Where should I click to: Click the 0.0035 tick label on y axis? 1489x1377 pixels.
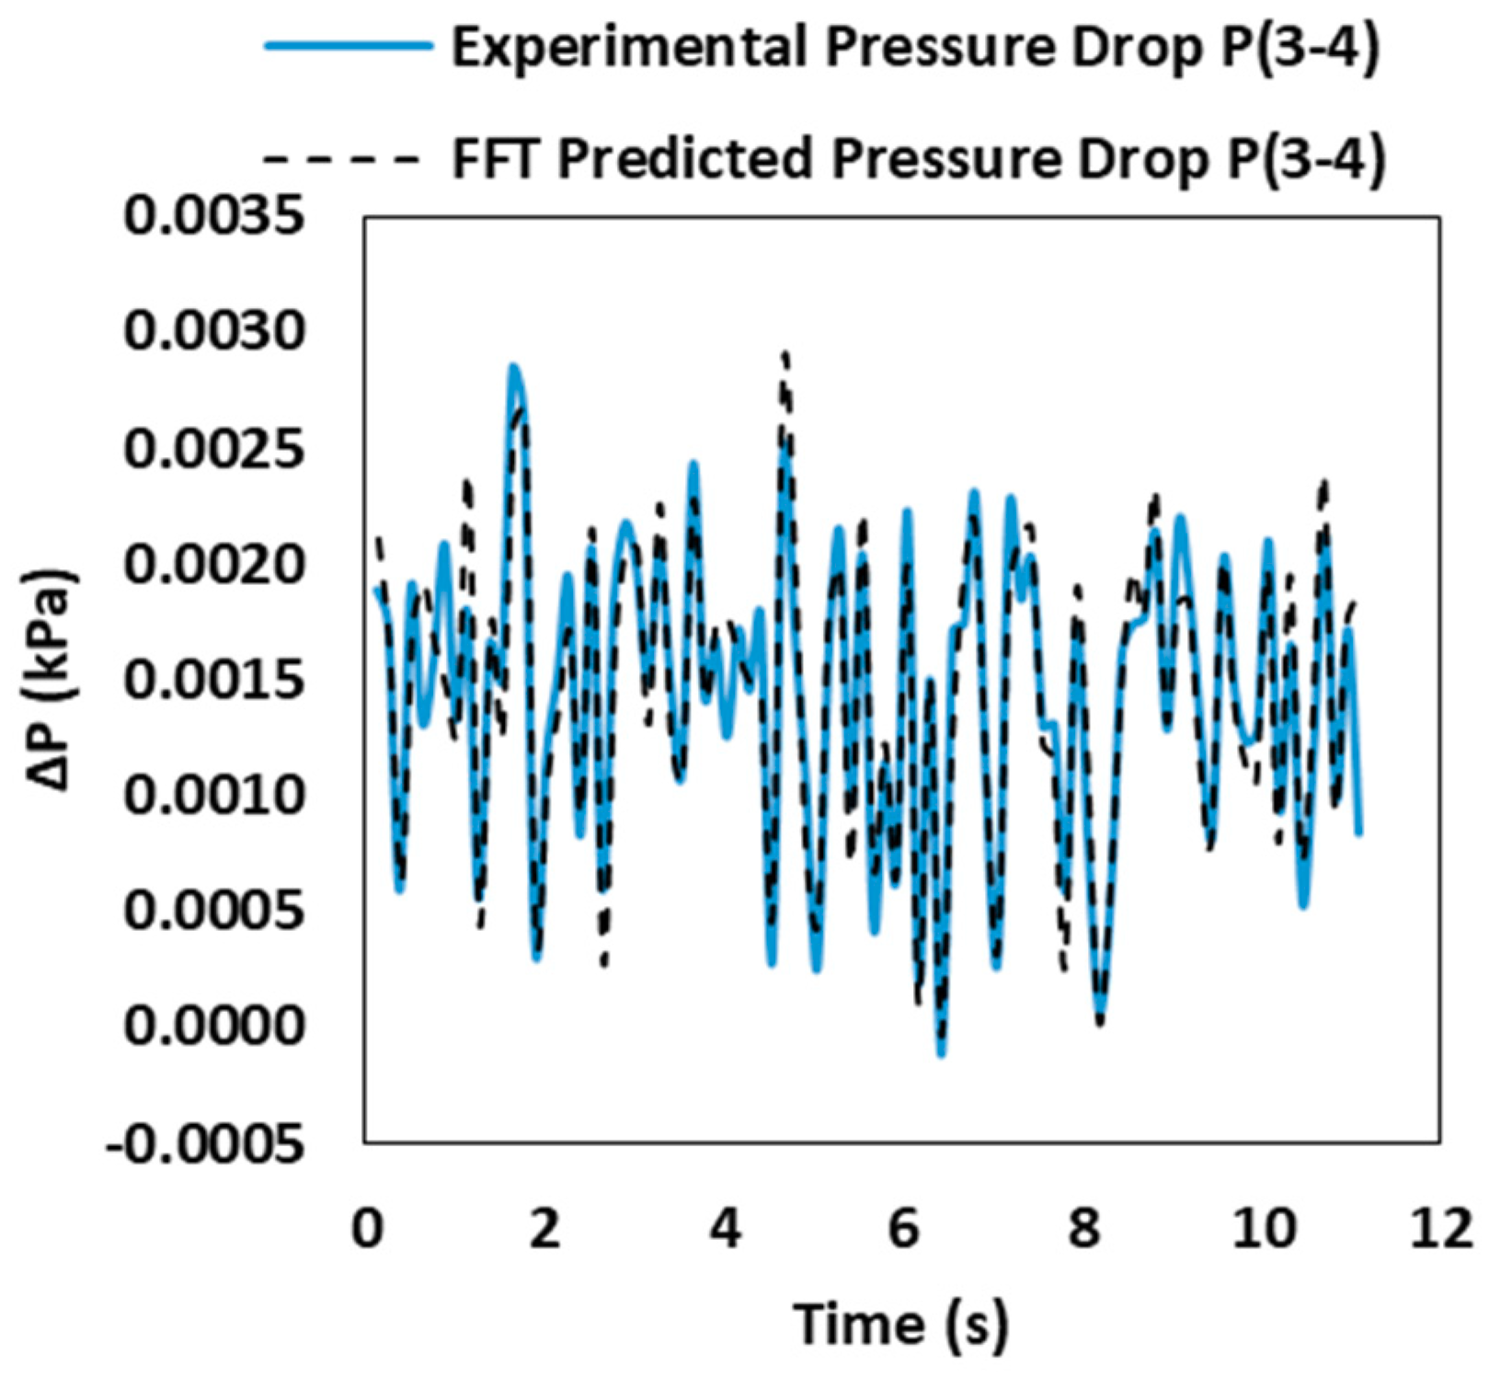point(213,217)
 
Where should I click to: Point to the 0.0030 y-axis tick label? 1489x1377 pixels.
point(213,331)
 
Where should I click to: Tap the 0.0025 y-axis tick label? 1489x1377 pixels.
point(213,449)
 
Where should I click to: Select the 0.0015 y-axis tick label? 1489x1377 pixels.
point(213,681)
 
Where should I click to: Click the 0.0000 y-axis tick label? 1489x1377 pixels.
point(213,1025)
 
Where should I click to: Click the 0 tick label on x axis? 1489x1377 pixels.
point(367,1229)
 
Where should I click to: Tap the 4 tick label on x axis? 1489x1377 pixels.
point(726,1229)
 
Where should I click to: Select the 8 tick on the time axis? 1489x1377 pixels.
point(1084,1229)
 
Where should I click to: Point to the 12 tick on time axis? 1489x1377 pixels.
point(1440,1229)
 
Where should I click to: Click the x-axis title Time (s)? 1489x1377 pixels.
point(900,1325)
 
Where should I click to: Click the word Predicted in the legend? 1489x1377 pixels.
point(688,159)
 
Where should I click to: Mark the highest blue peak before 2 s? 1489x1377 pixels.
point(514,367)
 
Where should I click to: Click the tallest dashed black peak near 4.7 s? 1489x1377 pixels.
point(785,354)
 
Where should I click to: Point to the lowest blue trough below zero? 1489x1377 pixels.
point(941,1054)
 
